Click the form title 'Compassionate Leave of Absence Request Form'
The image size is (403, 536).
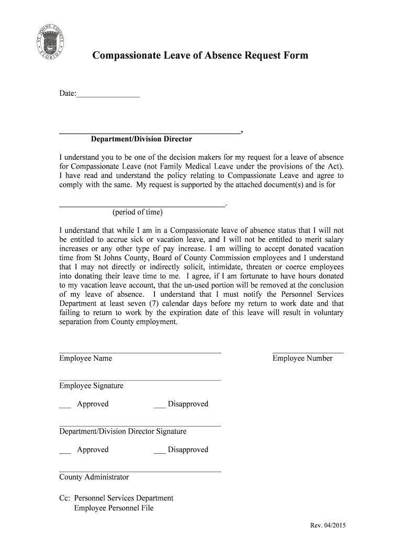(x=200, y=55)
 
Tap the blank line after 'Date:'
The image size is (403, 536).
(x=108, y=96)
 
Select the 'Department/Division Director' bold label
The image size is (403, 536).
(x=141, y=139)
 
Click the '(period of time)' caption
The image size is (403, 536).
(x=137, y=212)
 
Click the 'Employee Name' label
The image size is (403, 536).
(x=85, y=359)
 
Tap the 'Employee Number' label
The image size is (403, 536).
(x=302, y=359)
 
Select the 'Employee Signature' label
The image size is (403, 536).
(x=91, y=386)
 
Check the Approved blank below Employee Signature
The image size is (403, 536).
(x=65, y=406)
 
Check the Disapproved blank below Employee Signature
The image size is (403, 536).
(x=160, y=406)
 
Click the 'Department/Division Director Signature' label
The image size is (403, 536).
(x=122, y=431)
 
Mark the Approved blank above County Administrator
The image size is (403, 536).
(x=65, y=451)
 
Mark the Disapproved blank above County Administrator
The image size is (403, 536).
(x=160, y=451)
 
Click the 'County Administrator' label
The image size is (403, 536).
(x=94, y=477)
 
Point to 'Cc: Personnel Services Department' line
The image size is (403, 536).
(x=116, y=498)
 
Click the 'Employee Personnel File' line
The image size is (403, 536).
(x=114, y=508)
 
